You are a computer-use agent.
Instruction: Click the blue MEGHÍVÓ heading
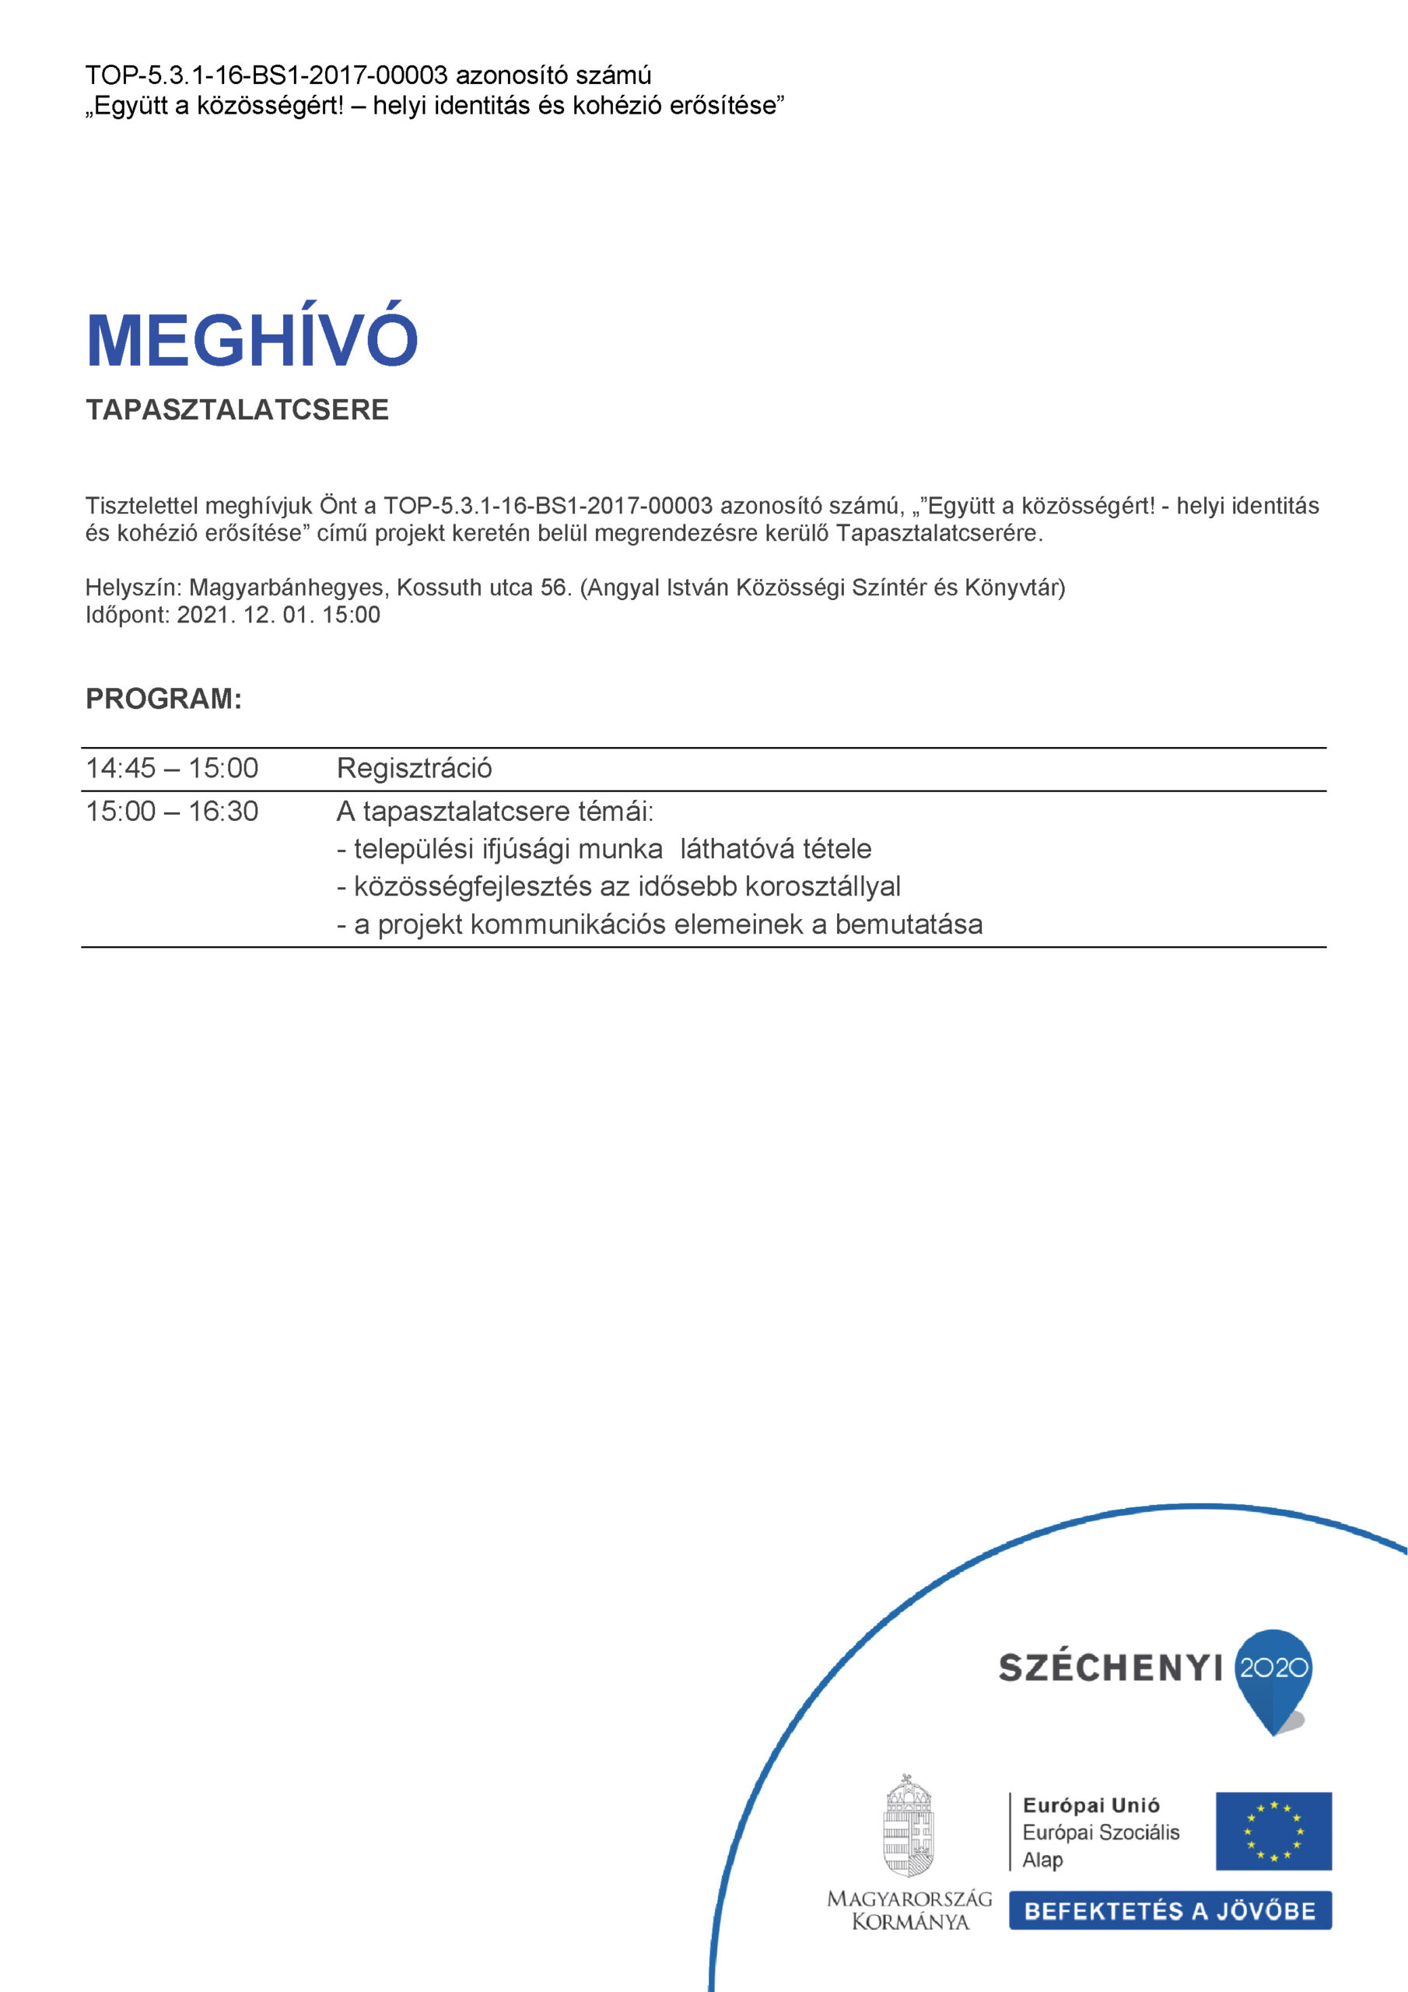tap(251, 339)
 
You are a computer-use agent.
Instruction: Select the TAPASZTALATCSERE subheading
tap(236, 409)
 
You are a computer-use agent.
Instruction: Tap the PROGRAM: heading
tap(163, 699)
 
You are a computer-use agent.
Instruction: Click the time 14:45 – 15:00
tap(172, 769)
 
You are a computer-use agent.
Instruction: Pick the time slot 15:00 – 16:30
tap(172, 812)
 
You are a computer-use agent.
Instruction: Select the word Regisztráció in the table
tap(414, 769)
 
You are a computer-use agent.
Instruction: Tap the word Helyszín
tap(131, 588)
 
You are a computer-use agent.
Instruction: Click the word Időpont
tap(126, 615)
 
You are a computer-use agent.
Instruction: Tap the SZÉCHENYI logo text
tap(1110, 1668)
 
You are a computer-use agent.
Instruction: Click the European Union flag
tap(1273, 1832)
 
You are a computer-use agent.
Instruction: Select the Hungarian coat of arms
tap(909, 1826)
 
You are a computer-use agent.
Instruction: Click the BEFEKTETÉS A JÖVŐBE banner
tap(1169, 1910)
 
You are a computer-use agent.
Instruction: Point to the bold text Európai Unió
tap(1091, 1805)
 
